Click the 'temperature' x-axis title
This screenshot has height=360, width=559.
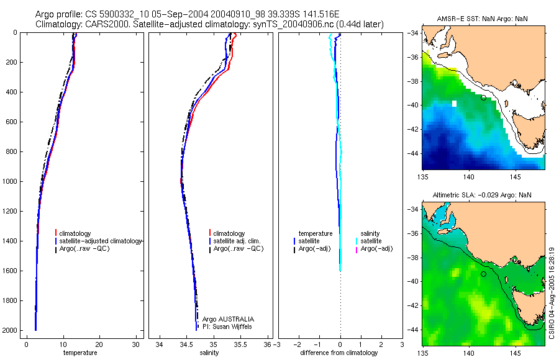pos(80,353)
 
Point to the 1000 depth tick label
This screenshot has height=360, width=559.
pos(10,181)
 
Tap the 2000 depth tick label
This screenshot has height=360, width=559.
pos(10,330)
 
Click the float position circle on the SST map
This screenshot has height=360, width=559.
pos(483,97)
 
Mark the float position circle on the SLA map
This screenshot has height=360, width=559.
pos(483,274)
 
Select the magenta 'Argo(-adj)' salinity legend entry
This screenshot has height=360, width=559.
pos(376,249)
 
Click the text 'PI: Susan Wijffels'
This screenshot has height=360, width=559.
pos(227,326)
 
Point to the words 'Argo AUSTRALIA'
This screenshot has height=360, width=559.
pos(228,319)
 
